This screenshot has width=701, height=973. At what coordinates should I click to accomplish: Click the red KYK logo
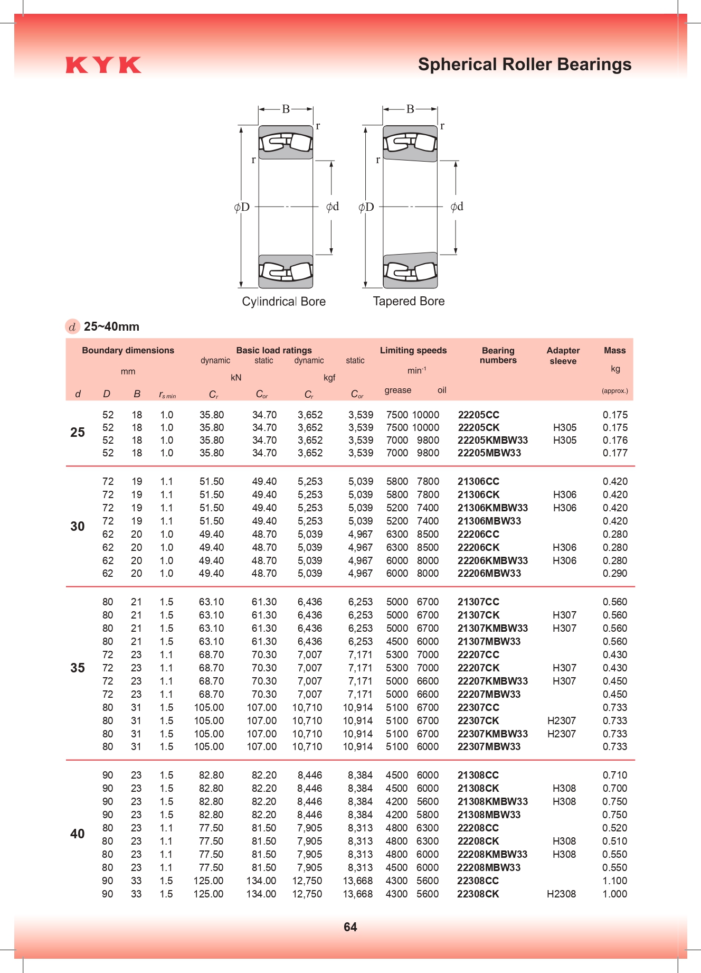pyautogui.click(x=103, y=65)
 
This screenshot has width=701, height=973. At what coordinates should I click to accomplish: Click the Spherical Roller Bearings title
pyautogui.click(x=524, y=64)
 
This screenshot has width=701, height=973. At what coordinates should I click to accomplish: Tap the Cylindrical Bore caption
pyautogui.click(x=283, y=302)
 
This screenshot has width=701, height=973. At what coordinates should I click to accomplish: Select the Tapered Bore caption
pyautogui.click(x=409, y=301)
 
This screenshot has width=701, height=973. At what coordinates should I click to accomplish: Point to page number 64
pyautogui.click(x=350, y=927)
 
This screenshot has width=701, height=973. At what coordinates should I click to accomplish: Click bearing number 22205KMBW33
pyautogui.click(x=492, y=440)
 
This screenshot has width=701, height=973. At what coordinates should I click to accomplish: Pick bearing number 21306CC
pyautogui.click(x=478, y=481)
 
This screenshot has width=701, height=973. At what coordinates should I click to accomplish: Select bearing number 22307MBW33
pyautogui.click(x=489, y=746)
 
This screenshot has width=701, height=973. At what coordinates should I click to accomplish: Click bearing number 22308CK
pyautogui.click(x=478, y=894)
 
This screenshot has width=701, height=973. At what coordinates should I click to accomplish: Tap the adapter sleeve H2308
pyautogui.click(x=561, y=894)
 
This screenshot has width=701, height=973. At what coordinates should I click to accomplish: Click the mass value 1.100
pyautogui.click(x=615, y=881)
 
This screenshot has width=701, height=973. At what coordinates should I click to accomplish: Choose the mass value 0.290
pyautogui.click(x=615, y=573)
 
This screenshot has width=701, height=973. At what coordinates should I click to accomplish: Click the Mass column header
pyautogui.click(x=615, y=350)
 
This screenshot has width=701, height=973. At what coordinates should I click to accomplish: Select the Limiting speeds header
pyautogui.click(x=413, y=350)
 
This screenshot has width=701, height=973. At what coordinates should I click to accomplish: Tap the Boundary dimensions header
pyautogui.click(x=128, y=350)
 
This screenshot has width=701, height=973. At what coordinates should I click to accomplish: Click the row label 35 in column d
pyautogui.click(x=78, y=668)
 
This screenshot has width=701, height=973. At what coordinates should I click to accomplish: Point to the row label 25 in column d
pyautogui.click(x=78, y=433)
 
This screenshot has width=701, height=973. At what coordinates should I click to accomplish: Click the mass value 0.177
pyautogui.click(x=615, y=453)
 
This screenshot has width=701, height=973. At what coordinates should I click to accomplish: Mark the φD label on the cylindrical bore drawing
pyautogui.click(x=242, y=207)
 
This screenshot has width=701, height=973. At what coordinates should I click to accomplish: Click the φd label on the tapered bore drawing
pyautogui.click(x=457, y=207)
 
